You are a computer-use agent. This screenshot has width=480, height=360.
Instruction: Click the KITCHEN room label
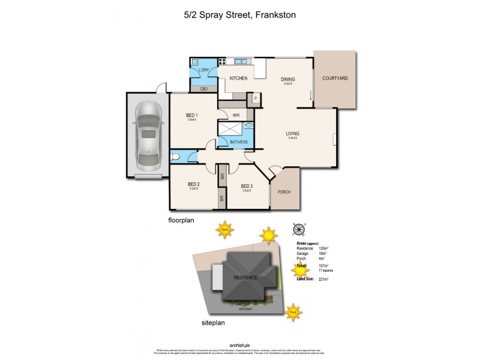point(238,79)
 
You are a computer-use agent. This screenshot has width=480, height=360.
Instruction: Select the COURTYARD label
point(335,79)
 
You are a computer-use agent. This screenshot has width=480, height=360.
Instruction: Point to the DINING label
point(288,79)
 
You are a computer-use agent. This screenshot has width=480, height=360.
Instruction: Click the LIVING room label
point(292,133)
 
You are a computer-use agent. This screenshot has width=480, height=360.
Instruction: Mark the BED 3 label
point(247,186)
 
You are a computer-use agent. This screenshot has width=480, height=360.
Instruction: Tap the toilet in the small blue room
point(175,158)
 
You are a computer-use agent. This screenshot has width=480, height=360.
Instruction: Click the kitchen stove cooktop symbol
point(222,61)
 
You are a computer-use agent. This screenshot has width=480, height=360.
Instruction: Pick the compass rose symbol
point(298,228)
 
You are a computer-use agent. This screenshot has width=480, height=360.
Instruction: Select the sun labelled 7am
point(292,311)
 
